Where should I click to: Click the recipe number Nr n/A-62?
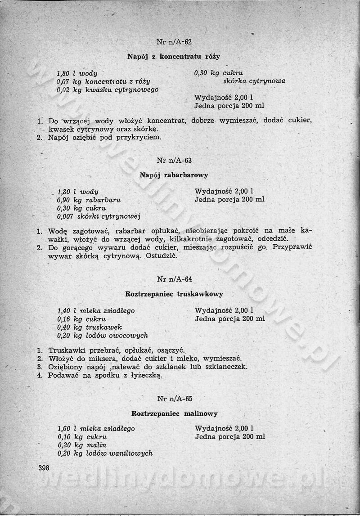[175, 42]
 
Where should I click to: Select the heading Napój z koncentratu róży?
[174, 57]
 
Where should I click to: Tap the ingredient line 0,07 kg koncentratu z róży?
[103, 81]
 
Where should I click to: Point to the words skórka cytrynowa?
[254, 81]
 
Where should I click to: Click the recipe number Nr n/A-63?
[175, 161]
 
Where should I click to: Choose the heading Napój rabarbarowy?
[174, 175]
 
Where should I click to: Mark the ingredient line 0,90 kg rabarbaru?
[89, 200]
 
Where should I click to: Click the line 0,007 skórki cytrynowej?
[99, 217]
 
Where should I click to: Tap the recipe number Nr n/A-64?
[175, 279]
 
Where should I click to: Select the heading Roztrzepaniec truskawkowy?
[174, 294]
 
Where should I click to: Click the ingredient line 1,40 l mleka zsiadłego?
[96, 311]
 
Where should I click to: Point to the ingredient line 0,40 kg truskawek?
[90, 327]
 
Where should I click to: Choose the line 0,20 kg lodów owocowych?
[103, 336]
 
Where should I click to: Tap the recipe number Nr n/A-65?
[175, 399]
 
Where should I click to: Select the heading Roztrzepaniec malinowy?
[175, 413]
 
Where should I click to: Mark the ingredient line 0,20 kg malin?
[83, 445]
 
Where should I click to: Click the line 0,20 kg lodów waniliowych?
[105, 453]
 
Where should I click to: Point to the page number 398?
[44, 468]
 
